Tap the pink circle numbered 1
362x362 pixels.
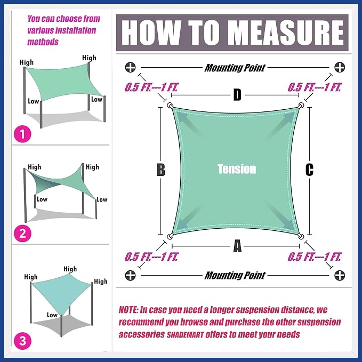tap(22, 134)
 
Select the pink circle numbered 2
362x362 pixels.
tap(22, 234)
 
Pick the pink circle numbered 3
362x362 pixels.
tap(22, 341)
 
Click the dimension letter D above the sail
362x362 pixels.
tap(237, 95)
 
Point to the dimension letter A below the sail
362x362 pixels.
tap(237, 246)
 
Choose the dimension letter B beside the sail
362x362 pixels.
tap(161, 170)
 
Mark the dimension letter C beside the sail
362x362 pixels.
tap(309, 170)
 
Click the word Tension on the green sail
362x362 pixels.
tap(237, 169)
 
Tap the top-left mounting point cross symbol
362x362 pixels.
tap(131, 67)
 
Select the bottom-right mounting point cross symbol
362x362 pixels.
tap(340, 275)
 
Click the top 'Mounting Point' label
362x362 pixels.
tap(235, 68)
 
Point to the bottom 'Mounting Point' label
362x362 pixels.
tap(235, 276)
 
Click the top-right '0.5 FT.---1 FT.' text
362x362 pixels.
tap(314, 87)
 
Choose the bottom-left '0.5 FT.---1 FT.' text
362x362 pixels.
tap(151, 257)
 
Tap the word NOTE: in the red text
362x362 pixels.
tap(128, 310)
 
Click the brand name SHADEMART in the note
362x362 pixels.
tap(186, 335)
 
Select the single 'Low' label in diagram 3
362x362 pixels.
tap(52, 315)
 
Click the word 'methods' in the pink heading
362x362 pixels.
tap(43, 42)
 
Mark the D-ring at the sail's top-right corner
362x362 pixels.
tap(301, 106)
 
